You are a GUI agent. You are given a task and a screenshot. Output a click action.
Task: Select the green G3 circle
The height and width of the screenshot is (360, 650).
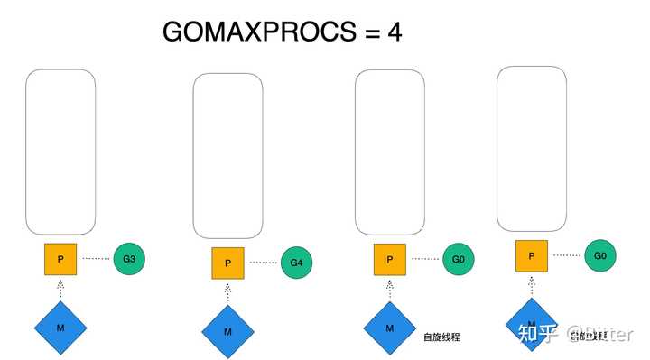click(129, 259)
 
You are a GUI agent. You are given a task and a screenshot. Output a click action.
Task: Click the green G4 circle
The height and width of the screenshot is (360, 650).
click(296, 263)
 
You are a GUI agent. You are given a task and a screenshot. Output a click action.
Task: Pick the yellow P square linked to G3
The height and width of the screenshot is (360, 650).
click(60, 259)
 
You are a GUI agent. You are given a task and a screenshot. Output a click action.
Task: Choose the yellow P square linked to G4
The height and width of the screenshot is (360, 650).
click(227, 263)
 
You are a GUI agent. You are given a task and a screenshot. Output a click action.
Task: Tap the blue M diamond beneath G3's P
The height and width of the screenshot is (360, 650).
click(60, 327)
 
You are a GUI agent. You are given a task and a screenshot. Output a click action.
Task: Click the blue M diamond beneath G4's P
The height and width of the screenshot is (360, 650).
click(227, 331)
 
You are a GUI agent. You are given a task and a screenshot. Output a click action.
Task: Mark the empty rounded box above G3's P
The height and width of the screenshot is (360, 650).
click(60, 152)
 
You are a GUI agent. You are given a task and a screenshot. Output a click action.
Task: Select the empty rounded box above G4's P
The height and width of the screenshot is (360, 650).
click(227, 154)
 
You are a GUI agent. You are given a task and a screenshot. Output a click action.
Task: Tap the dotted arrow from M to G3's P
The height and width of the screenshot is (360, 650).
click(60, 288)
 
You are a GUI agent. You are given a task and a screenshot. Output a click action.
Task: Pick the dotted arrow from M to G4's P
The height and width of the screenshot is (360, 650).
click(227, 291)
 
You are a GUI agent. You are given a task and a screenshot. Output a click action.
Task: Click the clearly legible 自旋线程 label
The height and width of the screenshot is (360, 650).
click(441, 337)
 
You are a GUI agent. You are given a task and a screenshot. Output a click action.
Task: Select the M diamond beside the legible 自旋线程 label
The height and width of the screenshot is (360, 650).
click(389, 328)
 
